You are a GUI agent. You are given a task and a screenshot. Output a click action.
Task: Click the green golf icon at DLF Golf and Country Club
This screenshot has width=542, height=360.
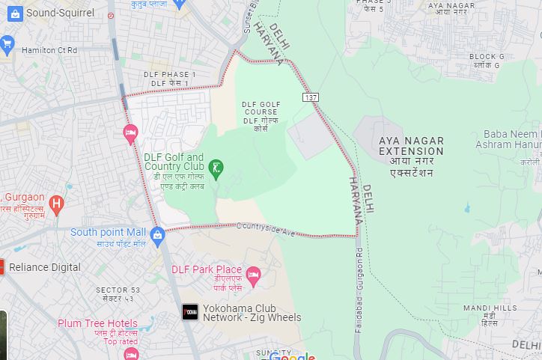216,166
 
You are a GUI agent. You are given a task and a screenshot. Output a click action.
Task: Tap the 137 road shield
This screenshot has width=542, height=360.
311,97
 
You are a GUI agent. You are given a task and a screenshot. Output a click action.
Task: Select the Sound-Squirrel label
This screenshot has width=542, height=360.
60,13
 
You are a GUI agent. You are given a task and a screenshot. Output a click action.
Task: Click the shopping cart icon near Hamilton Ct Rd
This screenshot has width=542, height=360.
7,43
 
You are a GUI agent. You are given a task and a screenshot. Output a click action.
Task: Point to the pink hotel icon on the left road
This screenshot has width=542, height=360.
130,134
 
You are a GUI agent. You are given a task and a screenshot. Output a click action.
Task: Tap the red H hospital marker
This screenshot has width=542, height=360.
55,203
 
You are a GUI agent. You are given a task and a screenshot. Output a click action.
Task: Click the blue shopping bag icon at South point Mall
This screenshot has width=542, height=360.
157,237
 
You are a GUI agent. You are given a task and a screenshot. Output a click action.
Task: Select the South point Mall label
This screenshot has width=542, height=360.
108,232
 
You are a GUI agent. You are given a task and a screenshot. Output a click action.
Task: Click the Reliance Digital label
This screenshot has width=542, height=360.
45,267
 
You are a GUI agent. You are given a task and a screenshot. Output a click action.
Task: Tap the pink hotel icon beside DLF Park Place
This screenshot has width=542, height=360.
253,275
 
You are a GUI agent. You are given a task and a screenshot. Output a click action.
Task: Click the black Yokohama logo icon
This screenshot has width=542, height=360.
190,312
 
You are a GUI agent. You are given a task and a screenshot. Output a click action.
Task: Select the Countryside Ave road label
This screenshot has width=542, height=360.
267,229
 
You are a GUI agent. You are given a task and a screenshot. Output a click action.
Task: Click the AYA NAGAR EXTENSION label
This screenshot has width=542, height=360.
411,146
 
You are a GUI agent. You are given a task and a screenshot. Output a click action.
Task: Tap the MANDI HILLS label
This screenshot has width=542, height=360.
490,308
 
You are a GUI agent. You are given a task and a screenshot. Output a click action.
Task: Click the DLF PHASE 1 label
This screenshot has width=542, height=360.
170,75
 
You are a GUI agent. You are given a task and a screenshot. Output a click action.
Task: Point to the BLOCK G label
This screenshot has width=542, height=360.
487,57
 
